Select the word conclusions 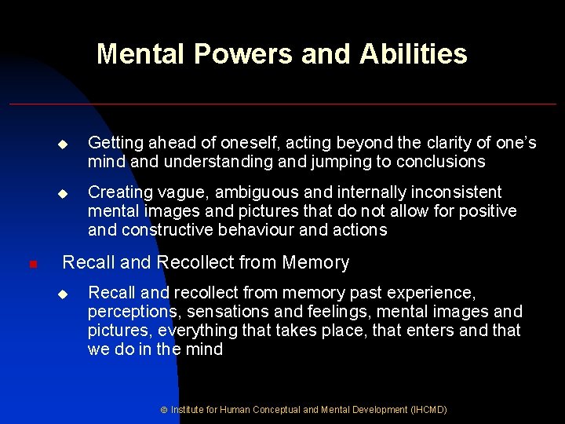coord(439,163)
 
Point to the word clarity coord(442,143)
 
